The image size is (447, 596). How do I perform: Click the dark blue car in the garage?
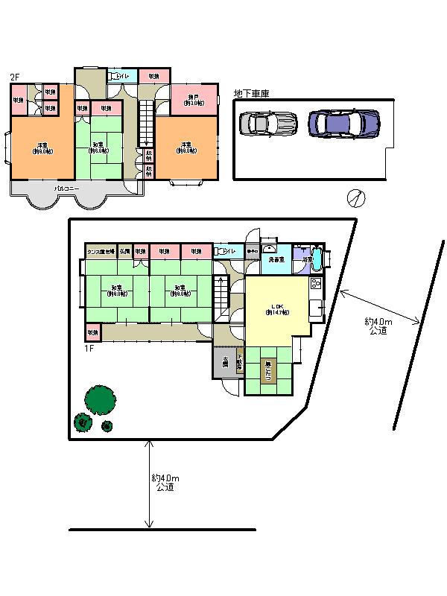coord(344,122)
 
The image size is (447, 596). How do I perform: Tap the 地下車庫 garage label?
coord(251,94)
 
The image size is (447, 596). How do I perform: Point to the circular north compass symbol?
coord(356,198)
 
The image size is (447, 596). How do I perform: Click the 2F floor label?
coord(14,77)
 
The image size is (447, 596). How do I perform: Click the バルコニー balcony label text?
coord(68,189)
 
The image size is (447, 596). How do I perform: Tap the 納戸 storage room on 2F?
coord(194,101)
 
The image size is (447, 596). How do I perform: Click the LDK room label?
coord(278,308)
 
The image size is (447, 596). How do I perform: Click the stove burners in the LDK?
coord(314,284)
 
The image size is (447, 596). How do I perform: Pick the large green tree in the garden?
coord(99,399)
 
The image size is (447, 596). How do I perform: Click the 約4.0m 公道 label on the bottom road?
coord(165,482)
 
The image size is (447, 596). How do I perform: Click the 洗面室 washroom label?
coord(277,260)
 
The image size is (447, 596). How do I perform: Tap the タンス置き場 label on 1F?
coord(101,251)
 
